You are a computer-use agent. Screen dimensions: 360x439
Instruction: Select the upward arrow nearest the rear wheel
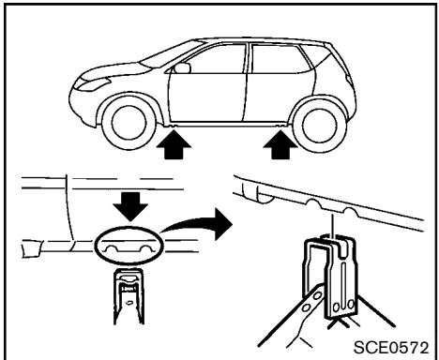[x=283, y=146]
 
